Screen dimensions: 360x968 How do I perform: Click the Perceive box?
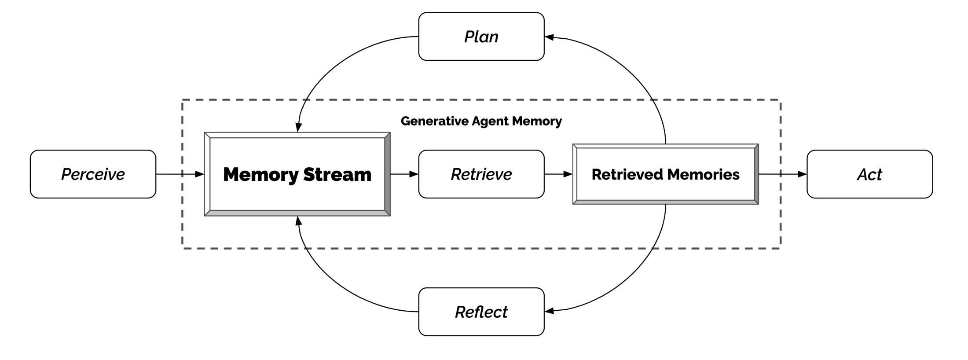(93, 174)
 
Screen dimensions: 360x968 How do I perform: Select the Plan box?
(481, 37)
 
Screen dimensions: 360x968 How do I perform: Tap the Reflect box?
(481, 312)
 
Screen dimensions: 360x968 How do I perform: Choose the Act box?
(869, 174)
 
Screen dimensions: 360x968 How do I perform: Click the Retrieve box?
(481, 174)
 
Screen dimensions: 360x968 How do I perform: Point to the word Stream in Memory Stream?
(337, 174)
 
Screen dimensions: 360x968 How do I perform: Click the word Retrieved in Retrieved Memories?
(627, 174)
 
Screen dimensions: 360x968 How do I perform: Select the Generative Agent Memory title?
(481, 121)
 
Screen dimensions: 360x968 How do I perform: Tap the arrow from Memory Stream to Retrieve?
(404, 174)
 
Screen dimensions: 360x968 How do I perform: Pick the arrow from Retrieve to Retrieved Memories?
(558, 174)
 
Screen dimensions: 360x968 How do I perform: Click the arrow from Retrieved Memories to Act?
(782, 174)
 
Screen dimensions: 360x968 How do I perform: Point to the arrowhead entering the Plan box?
(549, 37)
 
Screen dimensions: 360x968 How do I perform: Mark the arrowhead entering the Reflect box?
(549, 311)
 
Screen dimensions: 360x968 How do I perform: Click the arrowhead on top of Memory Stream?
(299, 128)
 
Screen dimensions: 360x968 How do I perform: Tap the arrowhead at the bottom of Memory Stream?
(299, 220)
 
